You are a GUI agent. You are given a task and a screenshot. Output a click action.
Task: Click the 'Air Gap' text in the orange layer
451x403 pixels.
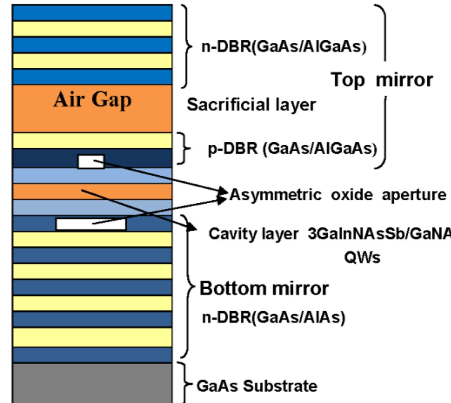[92, 99]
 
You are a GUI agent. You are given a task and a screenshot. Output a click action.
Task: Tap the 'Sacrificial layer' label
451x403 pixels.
[251, 105]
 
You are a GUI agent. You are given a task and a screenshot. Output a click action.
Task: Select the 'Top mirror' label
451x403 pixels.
[382, 80]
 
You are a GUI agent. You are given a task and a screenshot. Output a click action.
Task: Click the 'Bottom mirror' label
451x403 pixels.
[264, 288]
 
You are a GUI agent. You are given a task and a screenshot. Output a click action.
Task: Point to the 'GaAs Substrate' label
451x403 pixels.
[257, 386]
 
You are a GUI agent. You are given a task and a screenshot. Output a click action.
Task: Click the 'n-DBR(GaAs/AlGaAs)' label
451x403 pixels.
[284, 47]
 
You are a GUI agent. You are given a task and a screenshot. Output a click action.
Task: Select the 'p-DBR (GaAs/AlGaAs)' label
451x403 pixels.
[292, 148]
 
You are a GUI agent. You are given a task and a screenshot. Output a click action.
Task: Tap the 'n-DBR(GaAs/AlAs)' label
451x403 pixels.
[274, 317]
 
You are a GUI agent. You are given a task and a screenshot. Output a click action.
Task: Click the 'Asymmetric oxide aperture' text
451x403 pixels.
[338, 195]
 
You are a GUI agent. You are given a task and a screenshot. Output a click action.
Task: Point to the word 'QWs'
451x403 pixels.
[362, 257]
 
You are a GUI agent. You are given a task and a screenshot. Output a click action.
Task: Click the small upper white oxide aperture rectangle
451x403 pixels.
[91, 162]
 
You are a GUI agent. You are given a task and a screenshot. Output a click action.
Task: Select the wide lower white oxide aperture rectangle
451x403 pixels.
[91, 224]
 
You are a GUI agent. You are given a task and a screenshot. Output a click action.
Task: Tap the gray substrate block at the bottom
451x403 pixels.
[92, 383]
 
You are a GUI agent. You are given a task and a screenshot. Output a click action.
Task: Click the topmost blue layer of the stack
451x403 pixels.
[92, 13]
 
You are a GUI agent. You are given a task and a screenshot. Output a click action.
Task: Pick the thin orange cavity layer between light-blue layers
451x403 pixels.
[92, 192]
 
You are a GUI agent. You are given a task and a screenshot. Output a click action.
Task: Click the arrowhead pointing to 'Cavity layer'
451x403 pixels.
[191, 227]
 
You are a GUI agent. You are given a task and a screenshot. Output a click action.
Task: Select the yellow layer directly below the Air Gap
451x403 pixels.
[92, 140]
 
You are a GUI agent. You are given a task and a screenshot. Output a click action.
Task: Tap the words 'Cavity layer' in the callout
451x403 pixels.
[253, 234]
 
